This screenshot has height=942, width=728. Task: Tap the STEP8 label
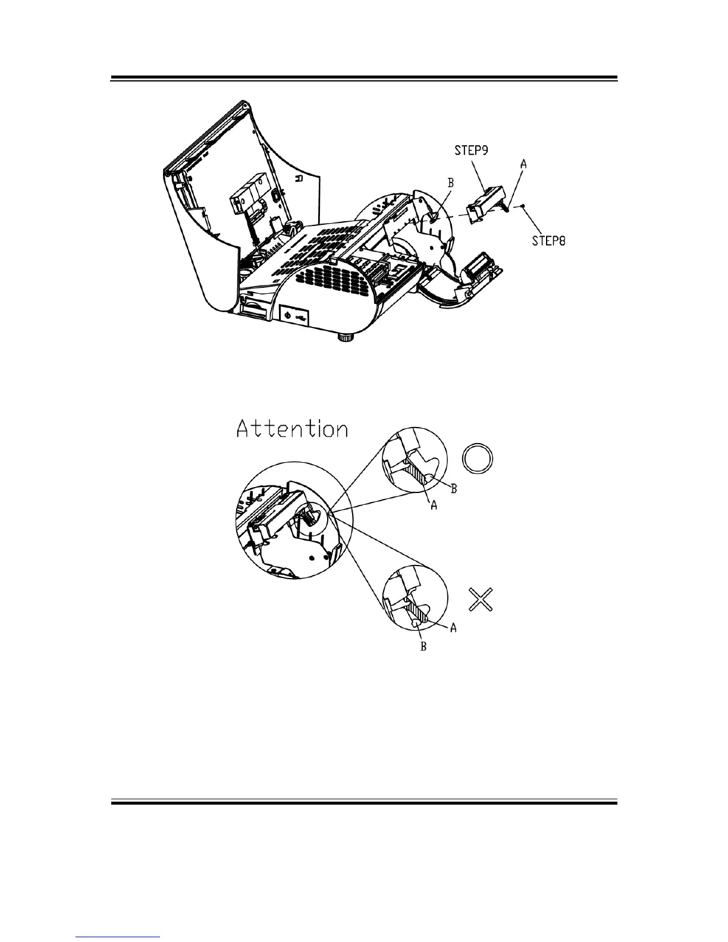[x=548, y=240]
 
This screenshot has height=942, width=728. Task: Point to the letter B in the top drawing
[x=450, y=184]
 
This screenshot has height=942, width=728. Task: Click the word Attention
[x=292, y=429]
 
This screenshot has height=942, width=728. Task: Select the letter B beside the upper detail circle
[x=454, y=489]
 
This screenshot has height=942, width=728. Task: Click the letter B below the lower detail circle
[x=423, y=646]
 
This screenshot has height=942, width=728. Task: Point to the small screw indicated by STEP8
[x=522, y=208]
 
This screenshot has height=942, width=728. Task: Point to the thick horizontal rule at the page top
[x=364, y=78]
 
